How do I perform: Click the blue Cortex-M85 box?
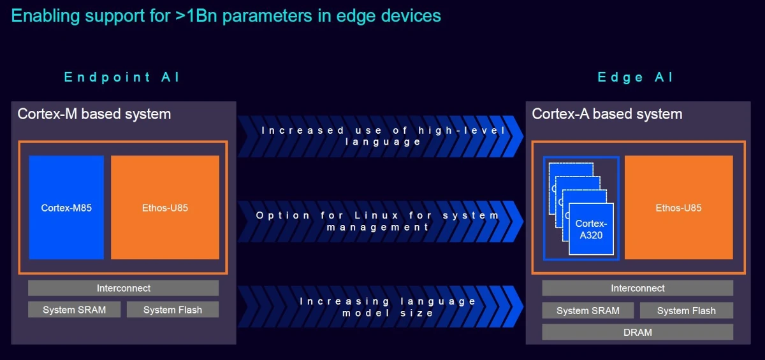66,208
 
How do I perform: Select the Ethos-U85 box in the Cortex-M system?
165,208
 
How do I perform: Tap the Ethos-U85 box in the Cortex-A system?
678,208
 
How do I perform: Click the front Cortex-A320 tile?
591,229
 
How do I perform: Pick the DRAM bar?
637,332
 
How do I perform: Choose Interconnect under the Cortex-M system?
123,288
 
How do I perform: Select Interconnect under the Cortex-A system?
637,288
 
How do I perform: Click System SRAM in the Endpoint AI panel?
74,310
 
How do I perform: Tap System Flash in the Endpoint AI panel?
173,310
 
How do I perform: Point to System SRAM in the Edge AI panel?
588,310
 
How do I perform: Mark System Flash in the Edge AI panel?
687,310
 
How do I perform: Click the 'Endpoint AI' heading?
122,78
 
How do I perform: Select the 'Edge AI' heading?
635,78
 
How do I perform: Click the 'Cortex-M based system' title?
94,114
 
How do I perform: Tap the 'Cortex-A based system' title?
607,114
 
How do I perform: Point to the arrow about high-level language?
381,136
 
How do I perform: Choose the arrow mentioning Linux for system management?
381,222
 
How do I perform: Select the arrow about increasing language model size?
381,306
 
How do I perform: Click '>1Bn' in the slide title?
196,16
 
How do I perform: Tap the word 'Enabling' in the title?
45,17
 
